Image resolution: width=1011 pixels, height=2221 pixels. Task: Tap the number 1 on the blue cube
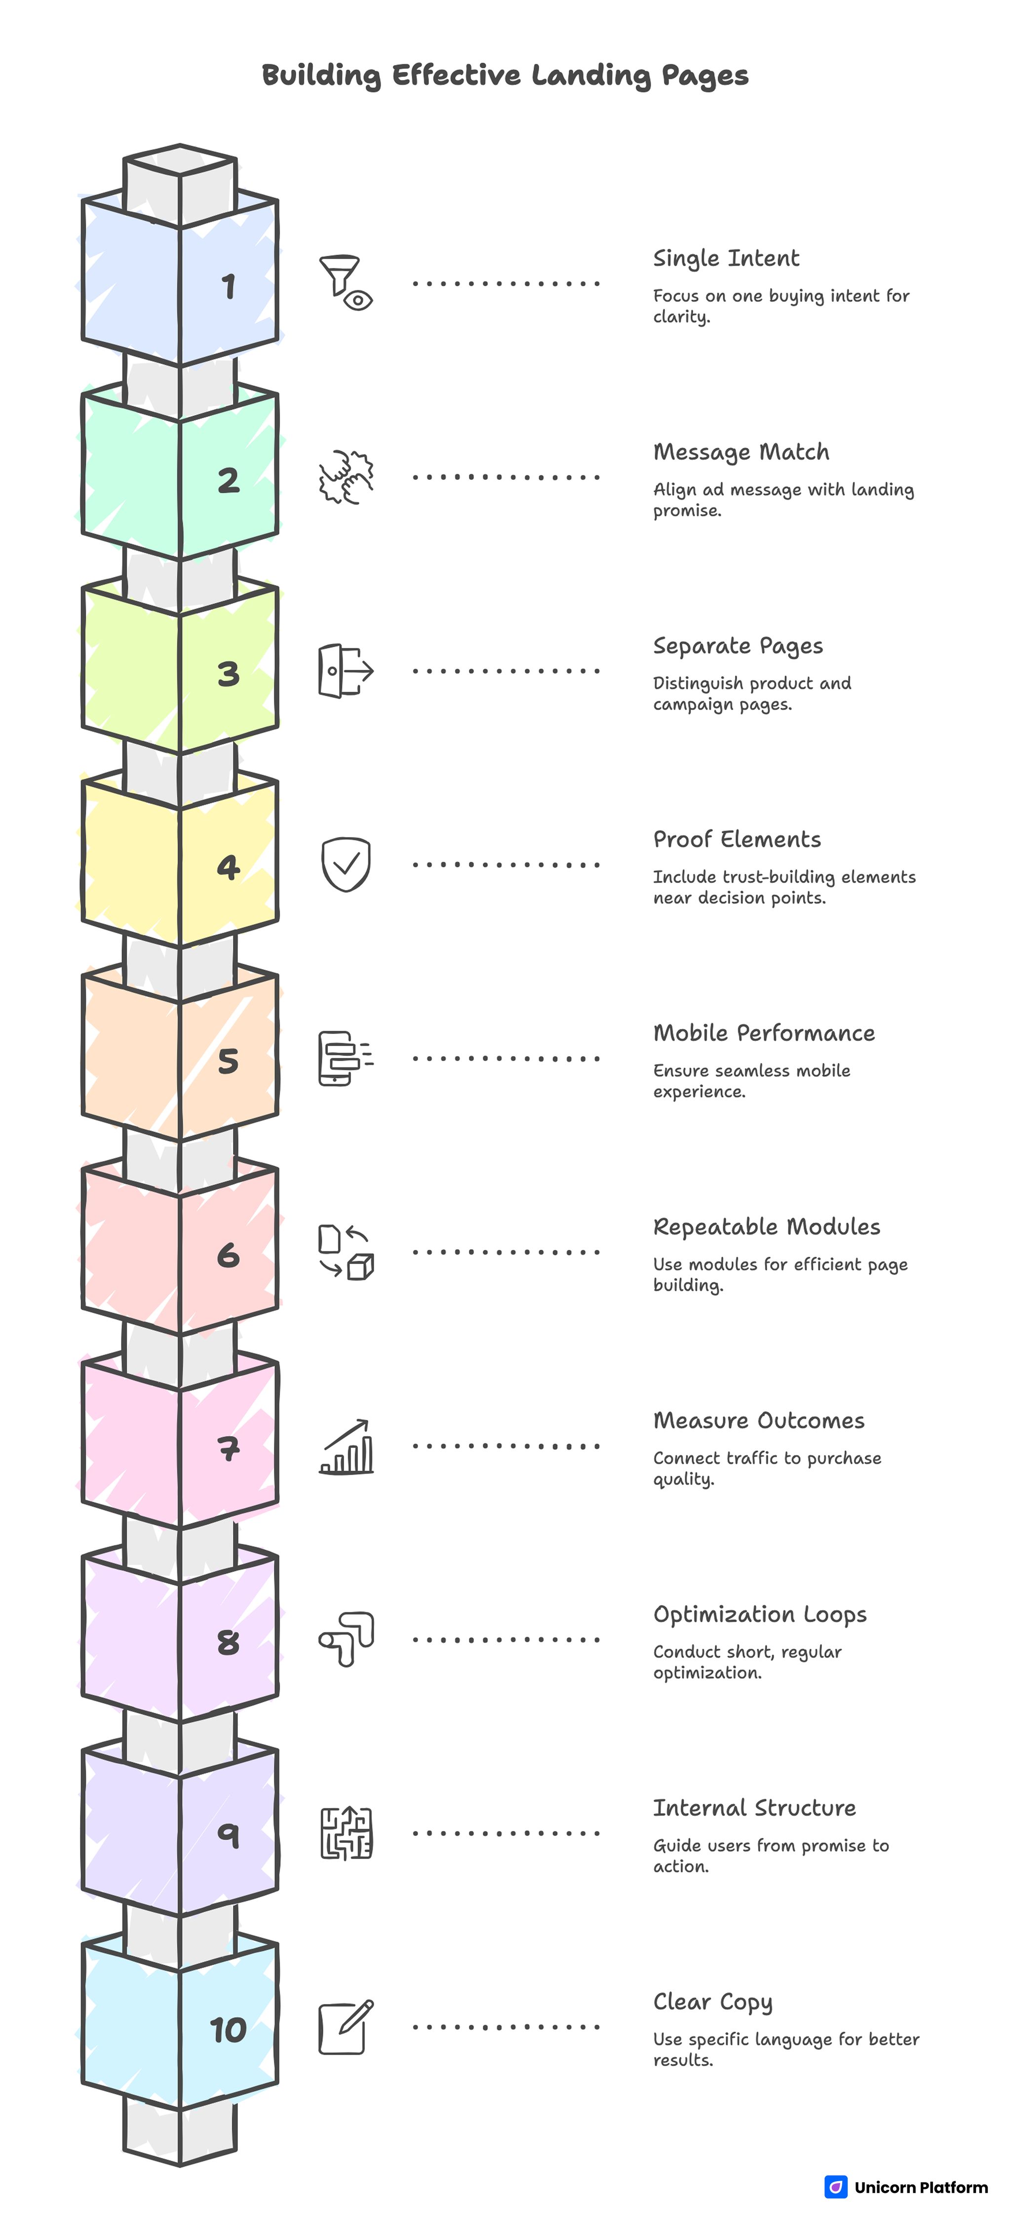(x=228, y=286)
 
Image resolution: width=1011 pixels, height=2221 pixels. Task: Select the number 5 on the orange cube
(x=228, y=1061)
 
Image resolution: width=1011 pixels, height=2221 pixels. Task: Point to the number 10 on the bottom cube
(x=228, y=2031)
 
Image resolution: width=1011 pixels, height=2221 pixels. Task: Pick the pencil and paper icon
(x=346, y=2027)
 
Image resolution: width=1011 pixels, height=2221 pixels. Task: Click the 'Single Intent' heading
(x=726, y=258)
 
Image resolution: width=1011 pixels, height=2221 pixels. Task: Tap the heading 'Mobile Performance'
(x=763, y=1033)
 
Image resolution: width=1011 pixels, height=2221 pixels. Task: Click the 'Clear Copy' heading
(x=712, y=2002)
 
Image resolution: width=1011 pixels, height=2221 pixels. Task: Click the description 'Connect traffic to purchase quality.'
(x=766, y=1468)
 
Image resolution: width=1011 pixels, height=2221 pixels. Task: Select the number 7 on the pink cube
(x=228, y=1449)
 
